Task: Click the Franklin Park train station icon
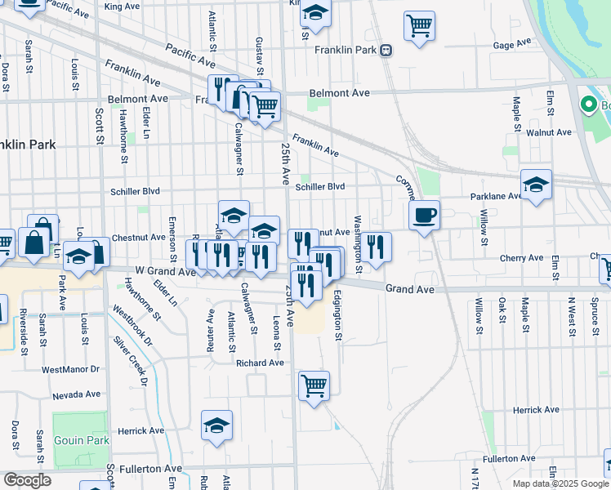(386, 50)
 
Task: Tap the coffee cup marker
(424, 216)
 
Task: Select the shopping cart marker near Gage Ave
(419, 25)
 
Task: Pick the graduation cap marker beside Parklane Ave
(536, 185)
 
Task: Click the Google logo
(27, 480)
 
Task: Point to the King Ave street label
(123, 7)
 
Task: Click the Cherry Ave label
(521, 258)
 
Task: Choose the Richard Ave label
(259, 363)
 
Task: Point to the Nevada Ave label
(75, 395)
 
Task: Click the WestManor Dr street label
(70, 370)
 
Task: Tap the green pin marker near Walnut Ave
(586, 105)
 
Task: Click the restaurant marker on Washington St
(376, 247)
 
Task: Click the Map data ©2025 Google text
(560, 483)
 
